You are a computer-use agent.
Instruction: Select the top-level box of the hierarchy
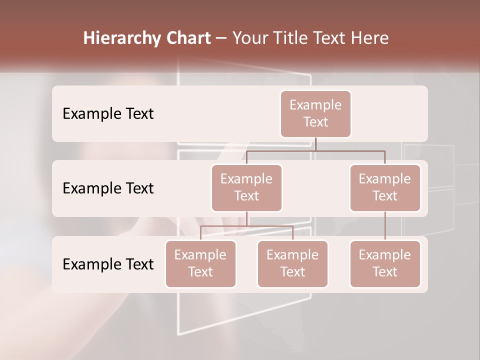click(315, 113)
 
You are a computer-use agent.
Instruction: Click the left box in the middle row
click(246, 187)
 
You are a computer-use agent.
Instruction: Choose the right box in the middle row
click(385, 187)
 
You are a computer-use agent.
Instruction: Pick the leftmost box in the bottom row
click(200, 263)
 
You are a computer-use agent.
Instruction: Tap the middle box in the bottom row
click(292, 263)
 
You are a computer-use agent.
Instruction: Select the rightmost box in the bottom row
click(385, 263)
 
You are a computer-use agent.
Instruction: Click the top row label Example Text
click(108, 113)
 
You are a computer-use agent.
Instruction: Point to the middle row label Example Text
click(108, 188)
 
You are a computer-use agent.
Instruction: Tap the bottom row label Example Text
click(108, 264)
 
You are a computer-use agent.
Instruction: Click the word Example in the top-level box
click(315, 105)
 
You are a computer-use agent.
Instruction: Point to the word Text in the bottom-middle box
click(292, 272)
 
